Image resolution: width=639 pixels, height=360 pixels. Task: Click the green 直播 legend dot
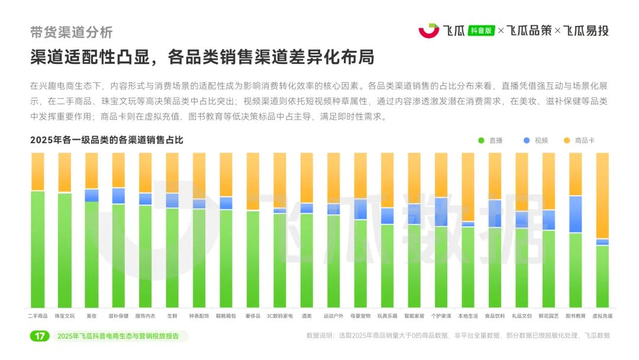(x=481, y=140)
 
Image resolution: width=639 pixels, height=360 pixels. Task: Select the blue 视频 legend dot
(x=527, y=140)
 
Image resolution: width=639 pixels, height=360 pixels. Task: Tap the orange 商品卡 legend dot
(x=566, y=140)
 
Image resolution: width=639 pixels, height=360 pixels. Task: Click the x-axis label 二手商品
(x=38, y=316)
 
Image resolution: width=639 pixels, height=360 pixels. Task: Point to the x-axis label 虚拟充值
(x=602, y=316)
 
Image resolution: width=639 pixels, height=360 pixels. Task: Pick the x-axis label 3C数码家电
(x=280, y=316)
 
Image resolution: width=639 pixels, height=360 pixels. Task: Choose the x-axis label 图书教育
(x=576, y=316)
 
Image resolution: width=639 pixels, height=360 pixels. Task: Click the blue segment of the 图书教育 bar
(x=576, y=214)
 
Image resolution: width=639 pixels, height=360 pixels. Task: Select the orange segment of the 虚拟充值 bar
(x=602, y=195)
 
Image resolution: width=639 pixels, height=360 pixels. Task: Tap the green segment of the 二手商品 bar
(x=38, y=249)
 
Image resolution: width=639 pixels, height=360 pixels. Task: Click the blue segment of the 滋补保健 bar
(x=118, y=196)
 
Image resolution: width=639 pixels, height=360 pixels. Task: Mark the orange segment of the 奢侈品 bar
(x=253, y=181)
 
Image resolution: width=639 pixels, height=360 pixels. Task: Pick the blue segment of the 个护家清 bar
(x=441, y=212)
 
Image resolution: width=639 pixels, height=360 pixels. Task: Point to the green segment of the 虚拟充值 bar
(x=602, y=276)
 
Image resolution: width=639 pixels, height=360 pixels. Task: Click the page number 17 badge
(x=40, y=336)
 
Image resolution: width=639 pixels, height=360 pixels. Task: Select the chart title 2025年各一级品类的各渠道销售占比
(x=106, y=140)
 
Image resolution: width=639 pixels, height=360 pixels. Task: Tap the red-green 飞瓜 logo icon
(x=428, y=31)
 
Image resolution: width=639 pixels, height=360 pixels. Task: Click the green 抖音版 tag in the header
(x=481, y=31)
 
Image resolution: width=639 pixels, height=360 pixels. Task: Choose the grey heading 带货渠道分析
(x=71, y=32)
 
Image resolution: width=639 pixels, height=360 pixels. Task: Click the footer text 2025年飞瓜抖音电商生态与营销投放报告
(x=121, y=336)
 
